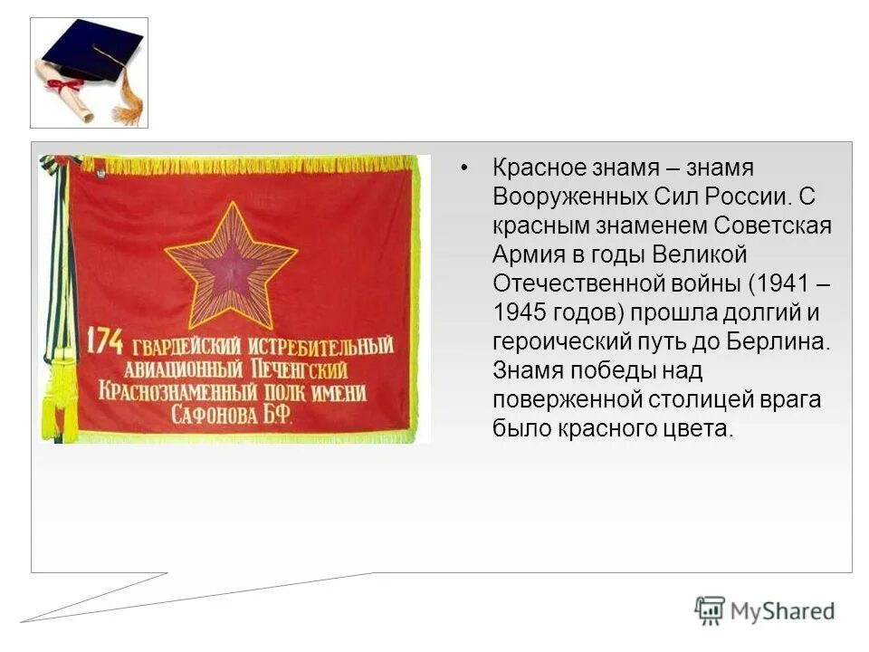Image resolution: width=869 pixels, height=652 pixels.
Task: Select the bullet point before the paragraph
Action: (465, 168)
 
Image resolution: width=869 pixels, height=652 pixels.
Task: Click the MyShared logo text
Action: (782, 611)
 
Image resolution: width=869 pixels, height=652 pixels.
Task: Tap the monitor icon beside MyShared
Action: (710, 610)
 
